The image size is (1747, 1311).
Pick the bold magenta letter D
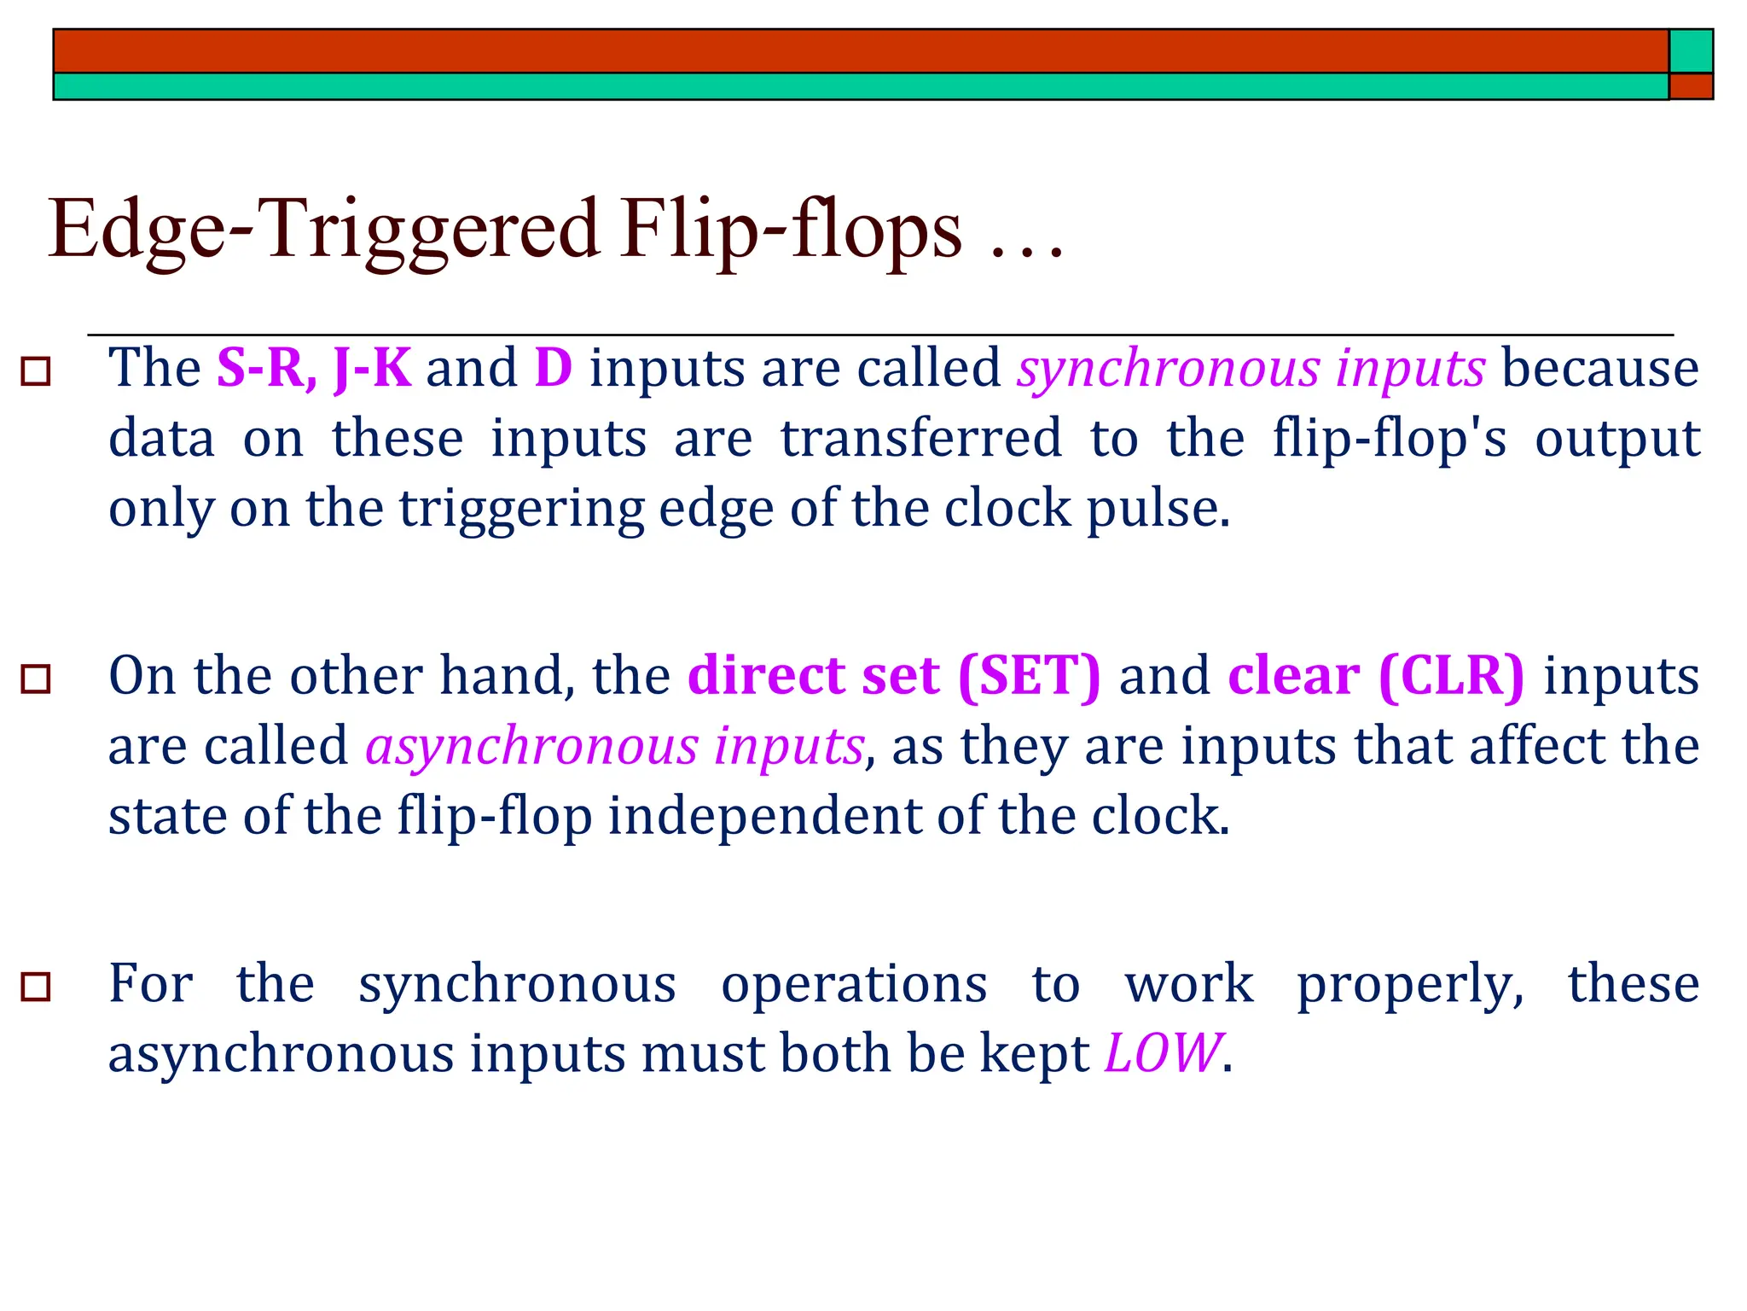(x=553, y=369)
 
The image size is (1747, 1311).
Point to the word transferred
(x=921, y=439)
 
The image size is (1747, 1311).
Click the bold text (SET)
(x=1029, y=676)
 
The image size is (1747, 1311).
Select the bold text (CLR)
(x=1450, y=676)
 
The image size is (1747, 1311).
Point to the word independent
(x=763, y=816)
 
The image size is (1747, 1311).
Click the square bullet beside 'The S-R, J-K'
(x=36, y=372)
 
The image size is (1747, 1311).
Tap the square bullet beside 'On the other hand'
(x=36, y=679)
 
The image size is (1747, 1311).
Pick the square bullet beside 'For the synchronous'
(x=36, y=987)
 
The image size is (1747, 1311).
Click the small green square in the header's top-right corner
(x=1690, y=51)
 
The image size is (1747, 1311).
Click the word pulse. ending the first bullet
(x=1158, y=510)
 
